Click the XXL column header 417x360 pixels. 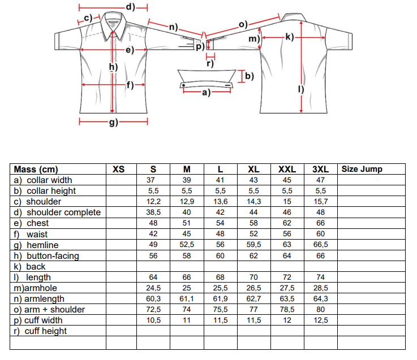pos(287,169)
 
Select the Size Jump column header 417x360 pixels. pos(362,169)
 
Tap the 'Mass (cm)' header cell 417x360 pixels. pos(36,170)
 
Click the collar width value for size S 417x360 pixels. pos(151,180)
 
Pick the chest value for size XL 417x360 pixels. pos(253,223)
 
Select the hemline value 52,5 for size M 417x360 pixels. pos(187,245)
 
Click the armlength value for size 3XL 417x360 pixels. pos(320,298)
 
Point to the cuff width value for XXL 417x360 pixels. pos(287,320)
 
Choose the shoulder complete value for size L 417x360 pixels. pos(220,212)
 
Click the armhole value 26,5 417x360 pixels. pos(253,288)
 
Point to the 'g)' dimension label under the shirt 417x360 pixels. pos(114,122)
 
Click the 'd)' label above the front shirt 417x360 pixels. pos(131,7)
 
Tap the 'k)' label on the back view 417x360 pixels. pos(290,37)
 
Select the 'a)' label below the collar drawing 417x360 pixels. pos(206,93)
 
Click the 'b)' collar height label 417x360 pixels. pos(250,76)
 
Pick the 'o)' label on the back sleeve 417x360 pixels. pos(243,24)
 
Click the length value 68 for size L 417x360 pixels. pos(220,277)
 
